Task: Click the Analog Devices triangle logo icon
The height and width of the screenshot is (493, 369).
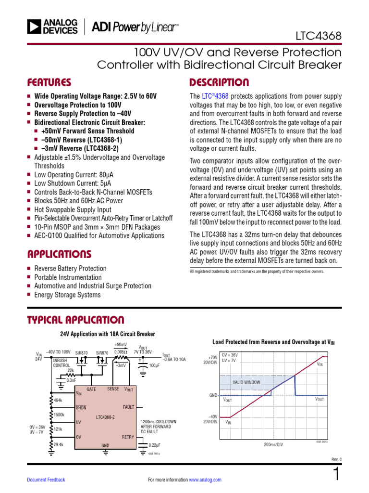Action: (34, 26)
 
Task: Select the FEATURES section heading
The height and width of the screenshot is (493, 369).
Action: (49, 82)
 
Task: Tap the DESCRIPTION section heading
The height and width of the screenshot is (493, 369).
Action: (219, 82)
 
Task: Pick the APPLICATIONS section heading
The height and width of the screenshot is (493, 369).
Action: (59, 254)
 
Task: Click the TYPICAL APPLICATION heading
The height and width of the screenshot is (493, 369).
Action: (75, 320)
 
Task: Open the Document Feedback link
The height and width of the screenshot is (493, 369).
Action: (46, 480)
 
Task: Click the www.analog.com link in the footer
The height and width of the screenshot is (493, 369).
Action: (205, 480)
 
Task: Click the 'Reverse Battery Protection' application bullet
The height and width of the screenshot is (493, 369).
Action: (70, 268)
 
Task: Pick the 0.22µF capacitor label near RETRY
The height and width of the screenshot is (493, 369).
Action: (154, 445)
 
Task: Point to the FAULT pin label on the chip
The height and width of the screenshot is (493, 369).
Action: (128, 407)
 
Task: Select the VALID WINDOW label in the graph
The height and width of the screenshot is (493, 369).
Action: (246, 382)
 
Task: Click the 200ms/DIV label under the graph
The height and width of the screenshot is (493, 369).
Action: (274, 445)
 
